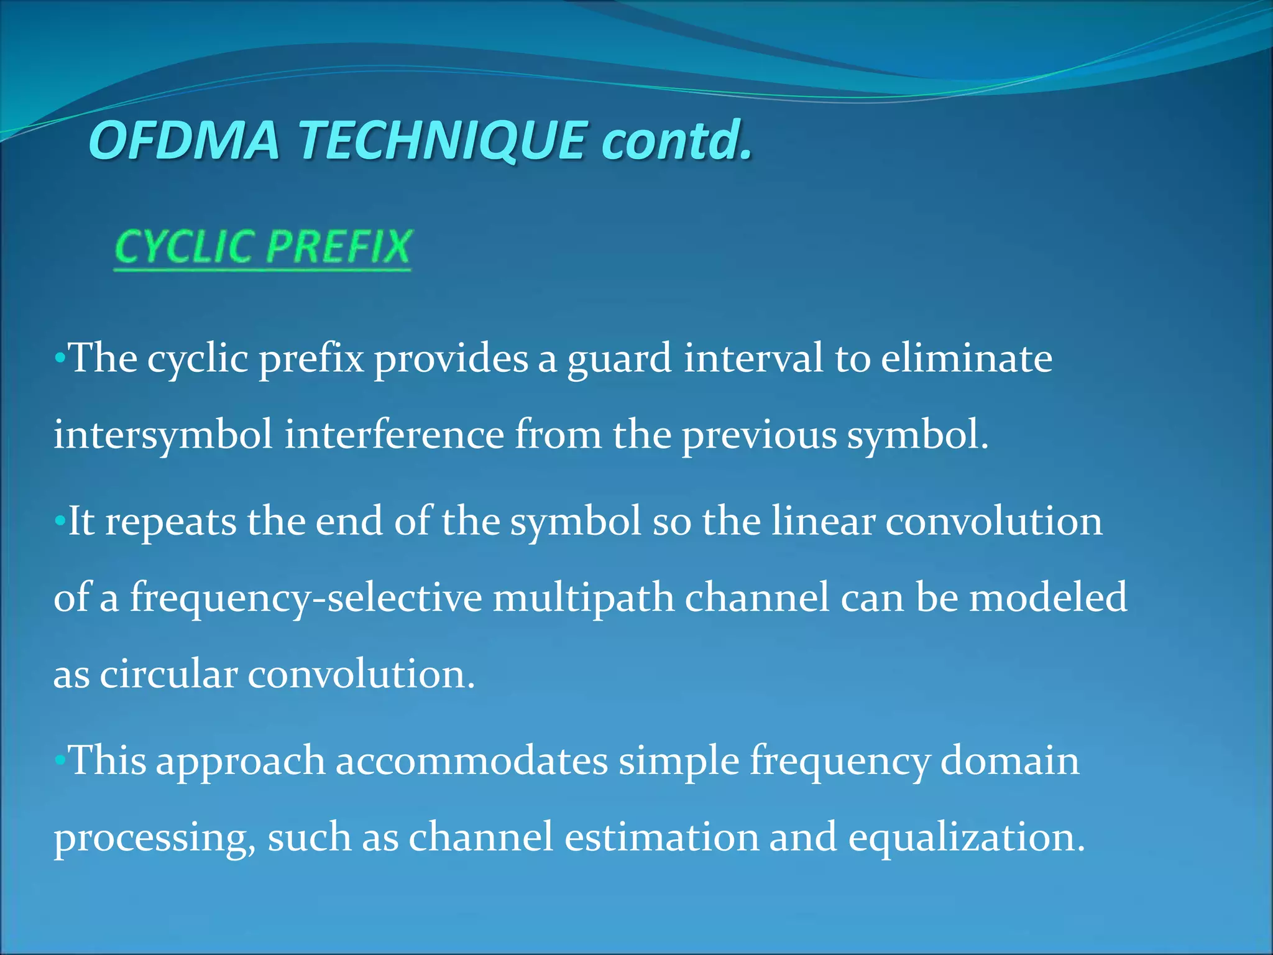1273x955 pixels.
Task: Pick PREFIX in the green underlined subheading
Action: tap(339, 247)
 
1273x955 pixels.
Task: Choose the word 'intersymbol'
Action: tap(163, 435)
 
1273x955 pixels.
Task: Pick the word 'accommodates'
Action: tap(472, 760)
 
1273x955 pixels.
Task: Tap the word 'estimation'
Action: tap(661, 837)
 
